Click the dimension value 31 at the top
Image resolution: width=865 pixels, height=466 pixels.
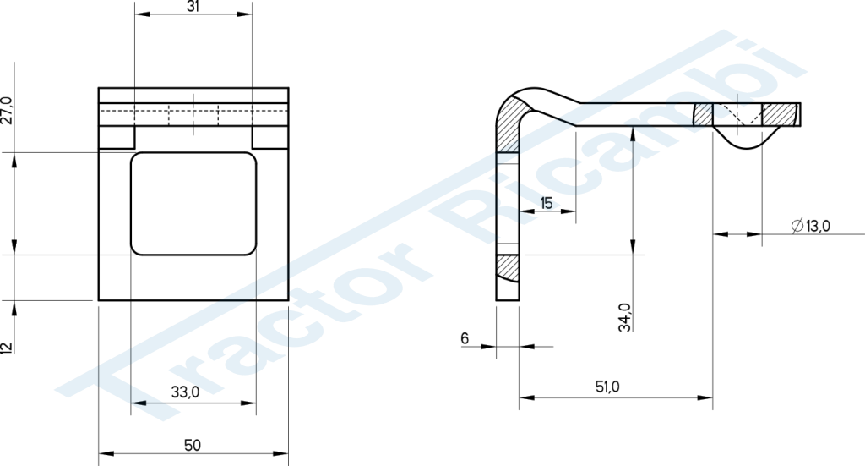(193, 7)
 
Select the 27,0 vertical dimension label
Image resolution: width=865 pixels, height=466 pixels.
(7, 111)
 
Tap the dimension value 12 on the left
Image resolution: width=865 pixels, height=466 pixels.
(7, 348)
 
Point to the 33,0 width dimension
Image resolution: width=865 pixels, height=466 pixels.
(185, 392)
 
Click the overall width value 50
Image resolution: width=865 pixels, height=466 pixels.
(193, 445)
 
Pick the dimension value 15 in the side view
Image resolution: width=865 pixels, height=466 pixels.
(547, 203)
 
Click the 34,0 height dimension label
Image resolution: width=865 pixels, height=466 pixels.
(624, 317)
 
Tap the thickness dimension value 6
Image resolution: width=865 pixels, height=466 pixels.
(465, 338)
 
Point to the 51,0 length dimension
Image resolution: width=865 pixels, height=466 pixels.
(607, 387)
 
